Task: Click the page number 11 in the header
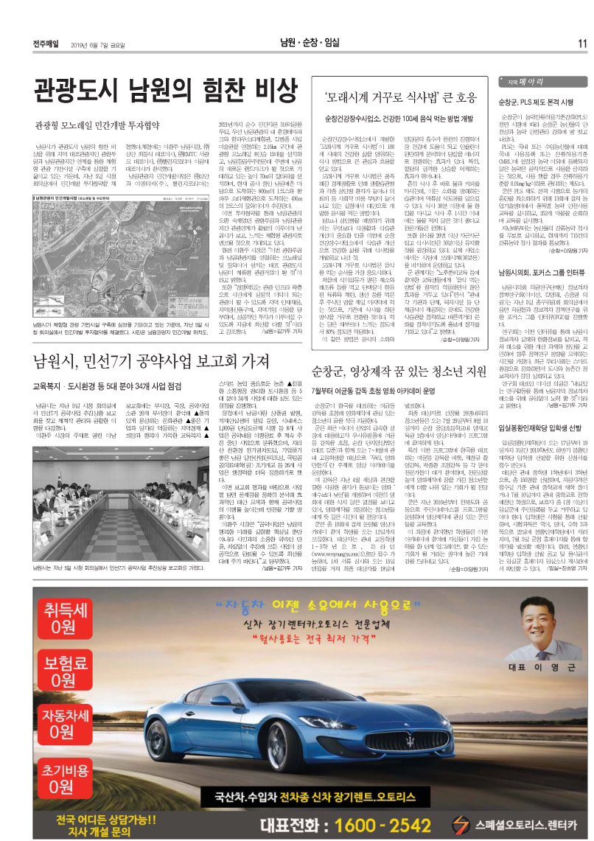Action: pos(581,43)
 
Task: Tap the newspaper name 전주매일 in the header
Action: pos(46,43)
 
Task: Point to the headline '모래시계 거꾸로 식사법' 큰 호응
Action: pos(396,97)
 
